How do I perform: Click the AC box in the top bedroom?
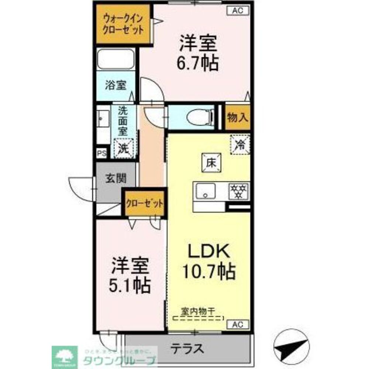tap(238, 11)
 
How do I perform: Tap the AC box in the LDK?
tap(238, 324)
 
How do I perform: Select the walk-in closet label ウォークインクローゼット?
tap(123, 24)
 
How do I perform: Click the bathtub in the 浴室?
tap(115, 59)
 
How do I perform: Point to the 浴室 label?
tap(115, 86)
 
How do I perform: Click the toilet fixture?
tap(200, 117)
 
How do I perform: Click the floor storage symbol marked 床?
tap(211, 162)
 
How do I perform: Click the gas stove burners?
tap(239, 191)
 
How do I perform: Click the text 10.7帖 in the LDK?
tap(209, 272)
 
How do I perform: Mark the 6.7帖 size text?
tap(198, 63)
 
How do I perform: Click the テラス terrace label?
tap(187, 348)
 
